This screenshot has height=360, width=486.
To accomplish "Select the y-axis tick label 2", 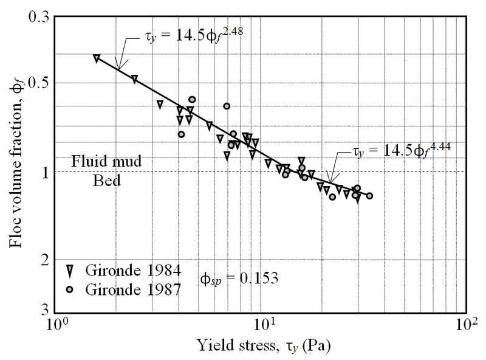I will click(x=44, y=260).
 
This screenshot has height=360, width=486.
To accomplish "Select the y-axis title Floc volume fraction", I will click(x=16, y=164).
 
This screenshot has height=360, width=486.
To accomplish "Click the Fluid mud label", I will click(x=106, y=162).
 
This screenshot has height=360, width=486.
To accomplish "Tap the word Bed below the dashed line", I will click(x=106, y=181).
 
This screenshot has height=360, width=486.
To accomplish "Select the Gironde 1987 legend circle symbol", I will click(x=70, y=289).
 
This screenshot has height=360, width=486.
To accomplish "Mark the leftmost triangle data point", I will click(x=97, y=58).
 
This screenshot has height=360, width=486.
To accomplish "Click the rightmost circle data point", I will click(x=369, y=196).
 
